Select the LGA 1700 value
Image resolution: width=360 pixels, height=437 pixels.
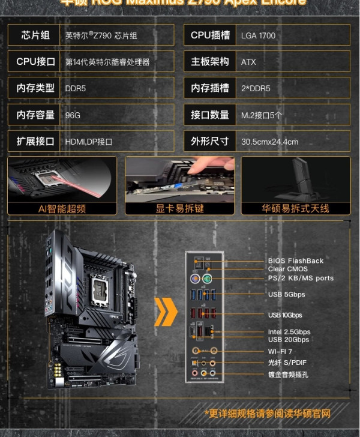click(258, 35)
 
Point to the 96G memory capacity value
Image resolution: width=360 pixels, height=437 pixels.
click(73, 115)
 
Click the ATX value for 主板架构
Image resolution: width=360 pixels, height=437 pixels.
click(248, 62)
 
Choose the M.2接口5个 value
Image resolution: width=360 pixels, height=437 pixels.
click(262, 115)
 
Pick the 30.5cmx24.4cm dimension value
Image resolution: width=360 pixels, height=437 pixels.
click(269, 142)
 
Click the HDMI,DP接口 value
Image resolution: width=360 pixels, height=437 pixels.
click(88, 142)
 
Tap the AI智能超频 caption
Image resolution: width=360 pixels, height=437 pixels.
click(62, 208)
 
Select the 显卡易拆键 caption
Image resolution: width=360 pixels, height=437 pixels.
click(179, 208)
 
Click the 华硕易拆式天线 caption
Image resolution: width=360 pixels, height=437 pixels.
click(296, 208)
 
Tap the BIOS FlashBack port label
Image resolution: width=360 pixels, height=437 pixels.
click(295, 261)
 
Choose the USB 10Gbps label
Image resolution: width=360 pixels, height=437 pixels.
click(285, 315)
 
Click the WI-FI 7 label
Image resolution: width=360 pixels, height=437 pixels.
click(281, 351)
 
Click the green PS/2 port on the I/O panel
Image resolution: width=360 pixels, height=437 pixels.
click(206, 279)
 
